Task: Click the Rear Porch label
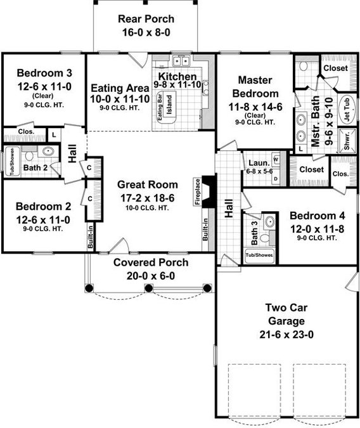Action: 146,19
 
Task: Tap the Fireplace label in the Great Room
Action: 198,191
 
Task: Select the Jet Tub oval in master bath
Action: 347,110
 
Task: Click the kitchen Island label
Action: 169,105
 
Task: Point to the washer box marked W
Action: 276,159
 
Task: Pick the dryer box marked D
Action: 276,179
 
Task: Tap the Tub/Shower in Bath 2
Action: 12,161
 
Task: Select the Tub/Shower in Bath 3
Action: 259,256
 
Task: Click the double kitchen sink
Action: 181,61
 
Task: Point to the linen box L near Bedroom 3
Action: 54,135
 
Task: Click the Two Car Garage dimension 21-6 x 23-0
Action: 286,335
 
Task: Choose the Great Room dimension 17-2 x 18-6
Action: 148,198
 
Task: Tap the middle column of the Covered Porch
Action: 148,288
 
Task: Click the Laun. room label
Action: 259,163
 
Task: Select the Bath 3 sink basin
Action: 269,221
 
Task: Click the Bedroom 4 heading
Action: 317,216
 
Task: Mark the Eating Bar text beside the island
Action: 160,107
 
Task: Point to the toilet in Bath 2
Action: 29,155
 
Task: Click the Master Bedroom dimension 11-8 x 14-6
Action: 255,107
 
